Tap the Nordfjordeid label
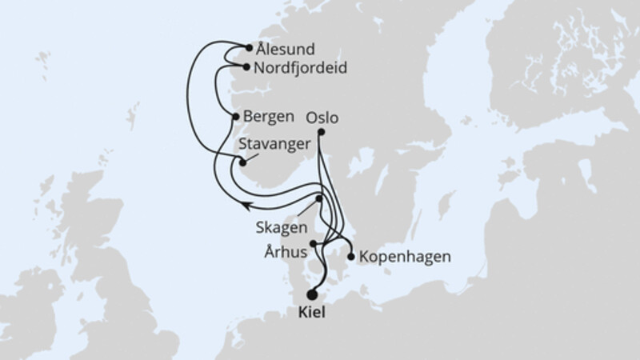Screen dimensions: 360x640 (x=299, y=69)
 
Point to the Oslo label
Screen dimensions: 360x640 (x=322, y=117)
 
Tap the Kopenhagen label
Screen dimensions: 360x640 (x=405, y=258)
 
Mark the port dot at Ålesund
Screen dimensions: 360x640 (x=250, y=48)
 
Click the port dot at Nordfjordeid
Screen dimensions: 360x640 (x=246, y=68)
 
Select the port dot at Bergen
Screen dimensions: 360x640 (x=235, y=117)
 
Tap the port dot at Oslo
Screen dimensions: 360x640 (x=321, y=132)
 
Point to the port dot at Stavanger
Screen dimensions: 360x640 (x=243, y=163)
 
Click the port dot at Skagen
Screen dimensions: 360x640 (x=319, y=198)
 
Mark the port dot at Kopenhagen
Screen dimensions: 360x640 (x=350, y=257)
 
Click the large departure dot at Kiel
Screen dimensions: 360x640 (x=311, y=294)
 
